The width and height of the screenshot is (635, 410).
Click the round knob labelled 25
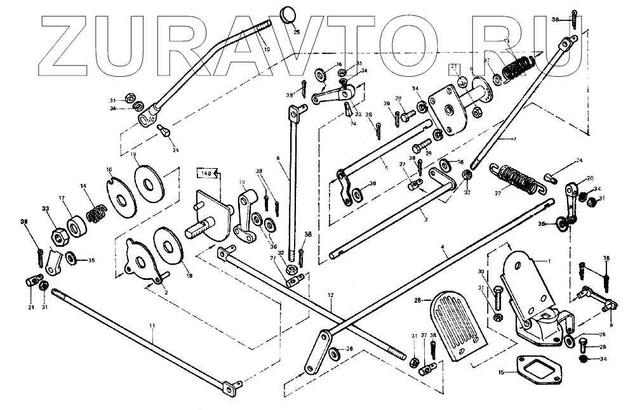[289, 15]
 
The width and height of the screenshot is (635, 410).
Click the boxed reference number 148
[208, 173]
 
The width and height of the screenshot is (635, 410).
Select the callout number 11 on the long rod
[152, 325]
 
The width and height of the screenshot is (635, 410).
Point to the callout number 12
[331, 295]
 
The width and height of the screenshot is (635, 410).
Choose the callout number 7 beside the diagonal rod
[515, 138]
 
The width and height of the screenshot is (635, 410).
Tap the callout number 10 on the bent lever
[266, 49]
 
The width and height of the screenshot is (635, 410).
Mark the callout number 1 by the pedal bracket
[551, 260]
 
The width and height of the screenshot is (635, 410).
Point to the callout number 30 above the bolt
[480, 272]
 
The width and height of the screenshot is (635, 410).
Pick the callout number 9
[611, 308]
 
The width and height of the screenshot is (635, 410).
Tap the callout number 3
[425, 218]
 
